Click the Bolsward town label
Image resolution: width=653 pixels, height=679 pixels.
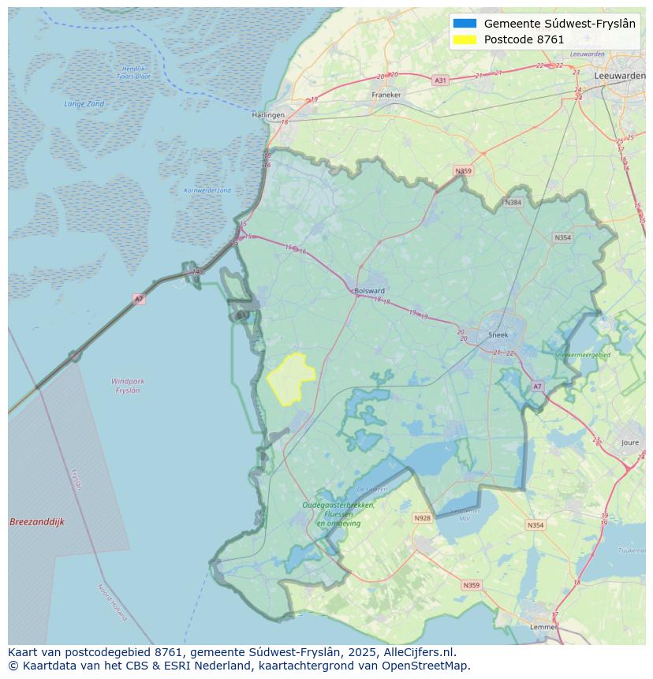coord(369,290)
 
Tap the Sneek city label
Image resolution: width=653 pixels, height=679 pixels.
coord(498,334)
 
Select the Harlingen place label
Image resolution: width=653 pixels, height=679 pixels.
coord(268,115)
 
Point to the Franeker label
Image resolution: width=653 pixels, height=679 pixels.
coord(386,95)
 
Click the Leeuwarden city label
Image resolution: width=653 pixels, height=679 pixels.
coord(620,75)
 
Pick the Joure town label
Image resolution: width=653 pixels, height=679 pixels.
coord(630,443)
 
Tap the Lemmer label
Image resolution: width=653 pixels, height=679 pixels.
coord(543,627)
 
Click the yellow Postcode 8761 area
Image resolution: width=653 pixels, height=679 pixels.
coord(290,377)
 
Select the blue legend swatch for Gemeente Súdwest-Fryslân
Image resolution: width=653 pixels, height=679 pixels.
coord(465,24)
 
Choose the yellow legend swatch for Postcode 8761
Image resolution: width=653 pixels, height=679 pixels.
coord(465,39)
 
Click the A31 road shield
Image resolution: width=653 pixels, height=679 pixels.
coord(440,80)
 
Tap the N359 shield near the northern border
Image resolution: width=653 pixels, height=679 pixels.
coord(463,171)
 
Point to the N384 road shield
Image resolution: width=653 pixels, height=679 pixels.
coord(513,203)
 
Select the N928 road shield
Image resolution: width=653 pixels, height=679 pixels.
coord(423,518)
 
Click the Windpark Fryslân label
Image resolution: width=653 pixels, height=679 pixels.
coord(128,386)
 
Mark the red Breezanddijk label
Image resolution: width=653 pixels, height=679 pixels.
coord(37,522)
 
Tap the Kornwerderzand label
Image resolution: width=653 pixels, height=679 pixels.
coord(207,191)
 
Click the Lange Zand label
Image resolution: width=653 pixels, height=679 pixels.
coord(84,104)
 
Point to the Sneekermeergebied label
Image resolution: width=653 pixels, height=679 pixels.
coord(583,356)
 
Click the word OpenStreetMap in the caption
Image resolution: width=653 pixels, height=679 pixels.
coord(427,666)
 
